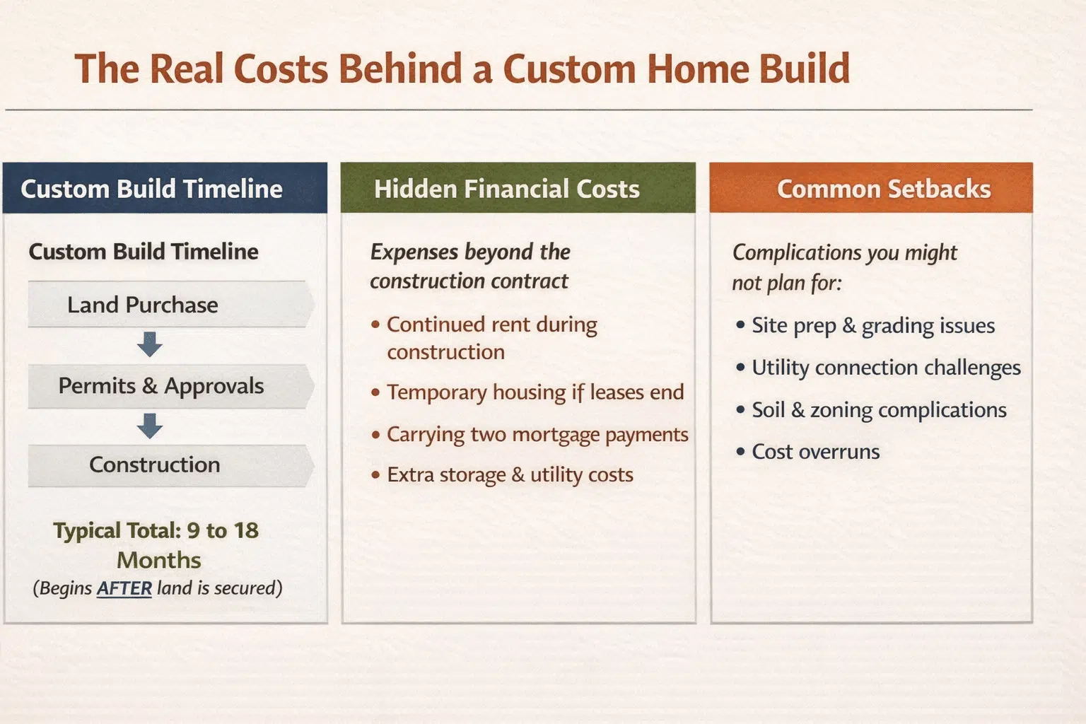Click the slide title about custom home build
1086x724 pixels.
coord(462,69)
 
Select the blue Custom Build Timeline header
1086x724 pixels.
coord(165,187)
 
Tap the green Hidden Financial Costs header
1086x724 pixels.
coord(518,187)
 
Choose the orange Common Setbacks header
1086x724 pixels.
coord(871,187)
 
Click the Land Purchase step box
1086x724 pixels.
coord(170,305)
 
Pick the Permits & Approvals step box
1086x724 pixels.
coord(170,387)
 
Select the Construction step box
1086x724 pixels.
coord(170,465)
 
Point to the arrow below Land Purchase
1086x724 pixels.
coord(149,344)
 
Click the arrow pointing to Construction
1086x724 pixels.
coord(149,426)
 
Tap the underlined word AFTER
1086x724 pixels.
coord(124,588)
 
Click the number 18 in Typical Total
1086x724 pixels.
coord(246,530)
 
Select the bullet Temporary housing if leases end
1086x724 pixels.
coord(527,392)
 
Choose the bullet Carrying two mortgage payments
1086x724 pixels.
coord(530,435)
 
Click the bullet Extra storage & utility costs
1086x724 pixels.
coord(502,474)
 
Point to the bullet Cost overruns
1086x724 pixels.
coord(807,452)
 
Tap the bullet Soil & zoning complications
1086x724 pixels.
coord(871,410)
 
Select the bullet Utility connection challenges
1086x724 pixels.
coord(878,368)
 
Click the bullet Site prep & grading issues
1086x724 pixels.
coord(865,325)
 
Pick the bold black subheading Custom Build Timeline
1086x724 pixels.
coord(144,252)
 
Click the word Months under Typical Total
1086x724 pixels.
coord(159,560)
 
